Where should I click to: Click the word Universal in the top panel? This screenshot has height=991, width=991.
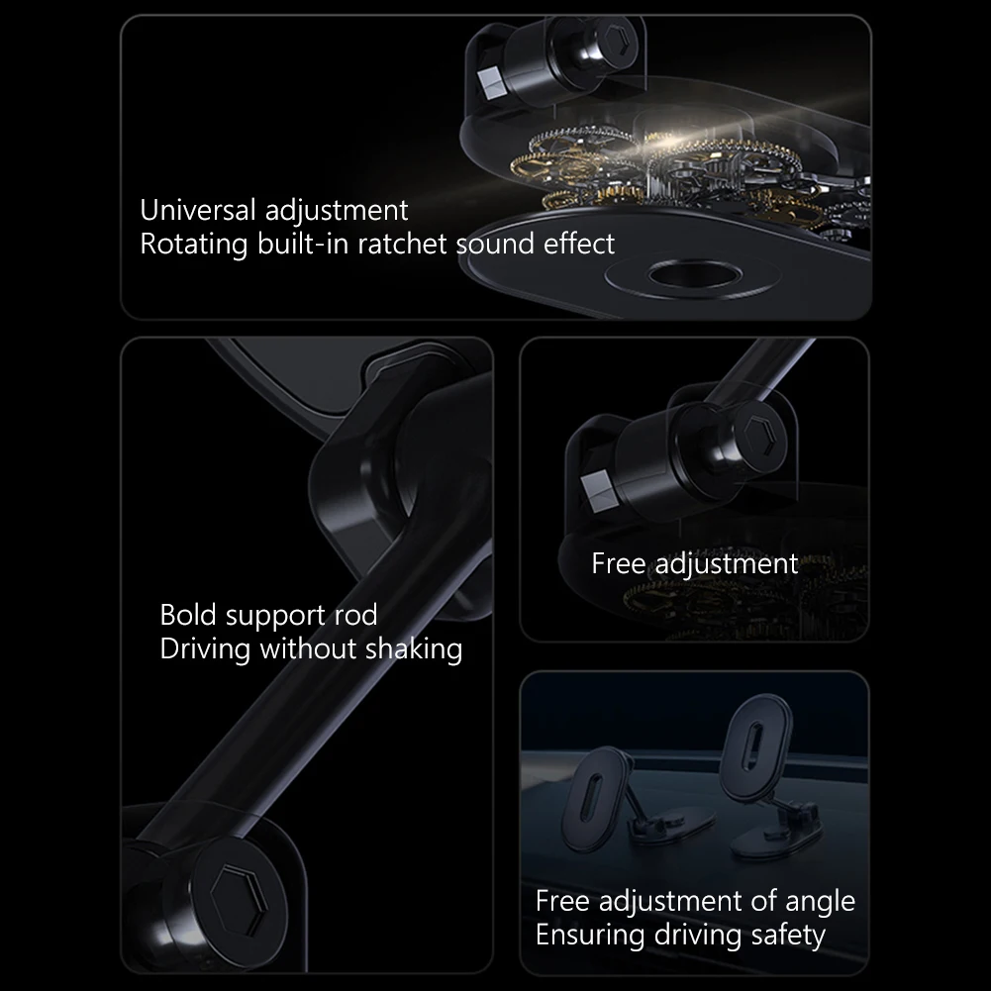click(198, 210)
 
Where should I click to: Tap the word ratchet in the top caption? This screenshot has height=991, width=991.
click(403, 244)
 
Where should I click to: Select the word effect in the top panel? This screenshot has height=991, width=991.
click(579, 244)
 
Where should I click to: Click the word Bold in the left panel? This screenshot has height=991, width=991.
click(188, 615)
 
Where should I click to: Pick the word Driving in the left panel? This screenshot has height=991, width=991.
click(205, 649)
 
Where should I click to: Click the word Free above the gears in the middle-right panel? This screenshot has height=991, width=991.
click(619, 563)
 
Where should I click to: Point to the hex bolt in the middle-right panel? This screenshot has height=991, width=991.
click(764, 436)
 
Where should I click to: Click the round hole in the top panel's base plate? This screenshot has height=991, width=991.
click(694, 276)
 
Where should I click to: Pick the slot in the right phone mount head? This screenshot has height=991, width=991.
click(754, 745)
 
